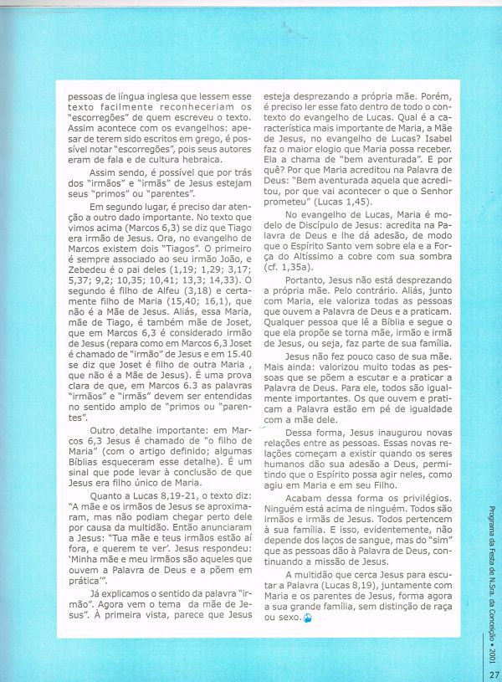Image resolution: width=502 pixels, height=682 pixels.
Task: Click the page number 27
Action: pos(494,668)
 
